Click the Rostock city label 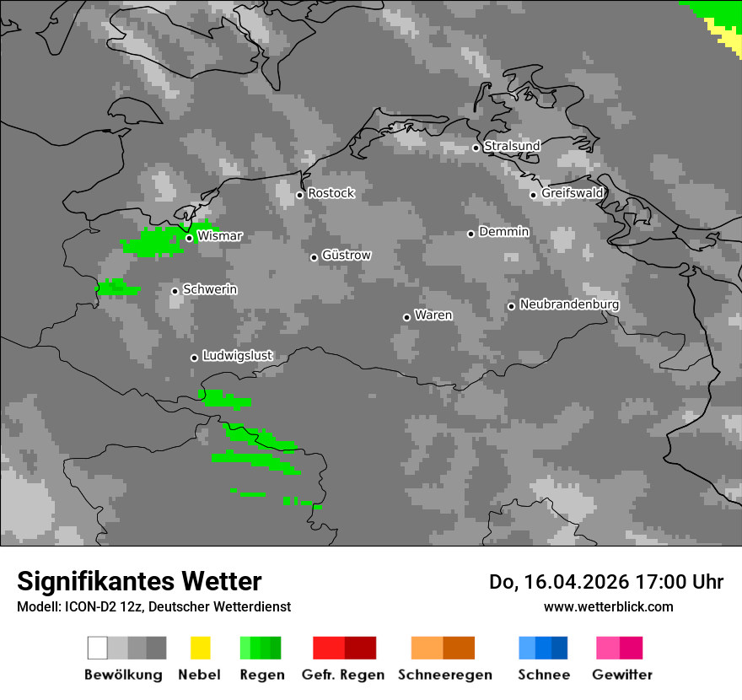tap(331, 193)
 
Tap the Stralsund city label tap(512, 146)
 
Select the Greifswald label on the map tap(572, 193)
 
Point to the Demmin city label tap(503, 232)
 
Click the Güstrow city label tap(346, 256)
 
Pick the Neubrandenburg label tap(569, 304)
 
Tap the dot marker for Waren tap(406, 317)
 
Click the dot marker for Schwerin tap(175, 291)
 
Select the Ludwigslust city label tap(237, 356)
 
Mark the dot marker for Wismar tap(189, 238)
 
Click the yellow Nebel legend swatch tap(200, 648)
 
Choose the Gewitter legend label tap(621, 675)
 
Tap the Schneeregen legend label tap(444, 675)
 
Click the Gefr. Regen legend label tap(342, 675)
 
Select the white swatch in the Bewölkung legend tap(97, 648)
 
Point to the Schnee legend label tap(543, 675)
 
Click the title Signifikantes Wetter tap(139, 581)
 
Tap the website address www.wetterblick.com tap(608, 606)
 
